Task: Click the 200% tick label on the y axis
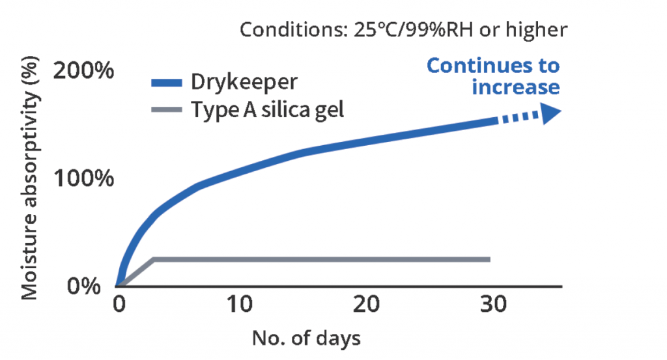click(x=83, y=70)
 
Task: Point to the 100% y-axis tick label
click(x=83, y=178)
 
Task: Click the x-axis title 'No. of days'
click(x=305, y=338)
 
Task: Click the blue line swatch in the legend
click(x=167, y=83)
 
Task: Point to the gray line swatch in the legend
click(x=167, y=109)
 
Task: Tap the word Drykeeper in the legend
click(x=244, y=83)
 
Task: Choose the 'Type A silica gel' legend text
click(x=267, y=109)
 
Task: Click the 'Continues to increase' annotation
click(x=493, y=76)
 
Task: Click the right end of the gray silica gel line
click(x=488, y=259)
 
